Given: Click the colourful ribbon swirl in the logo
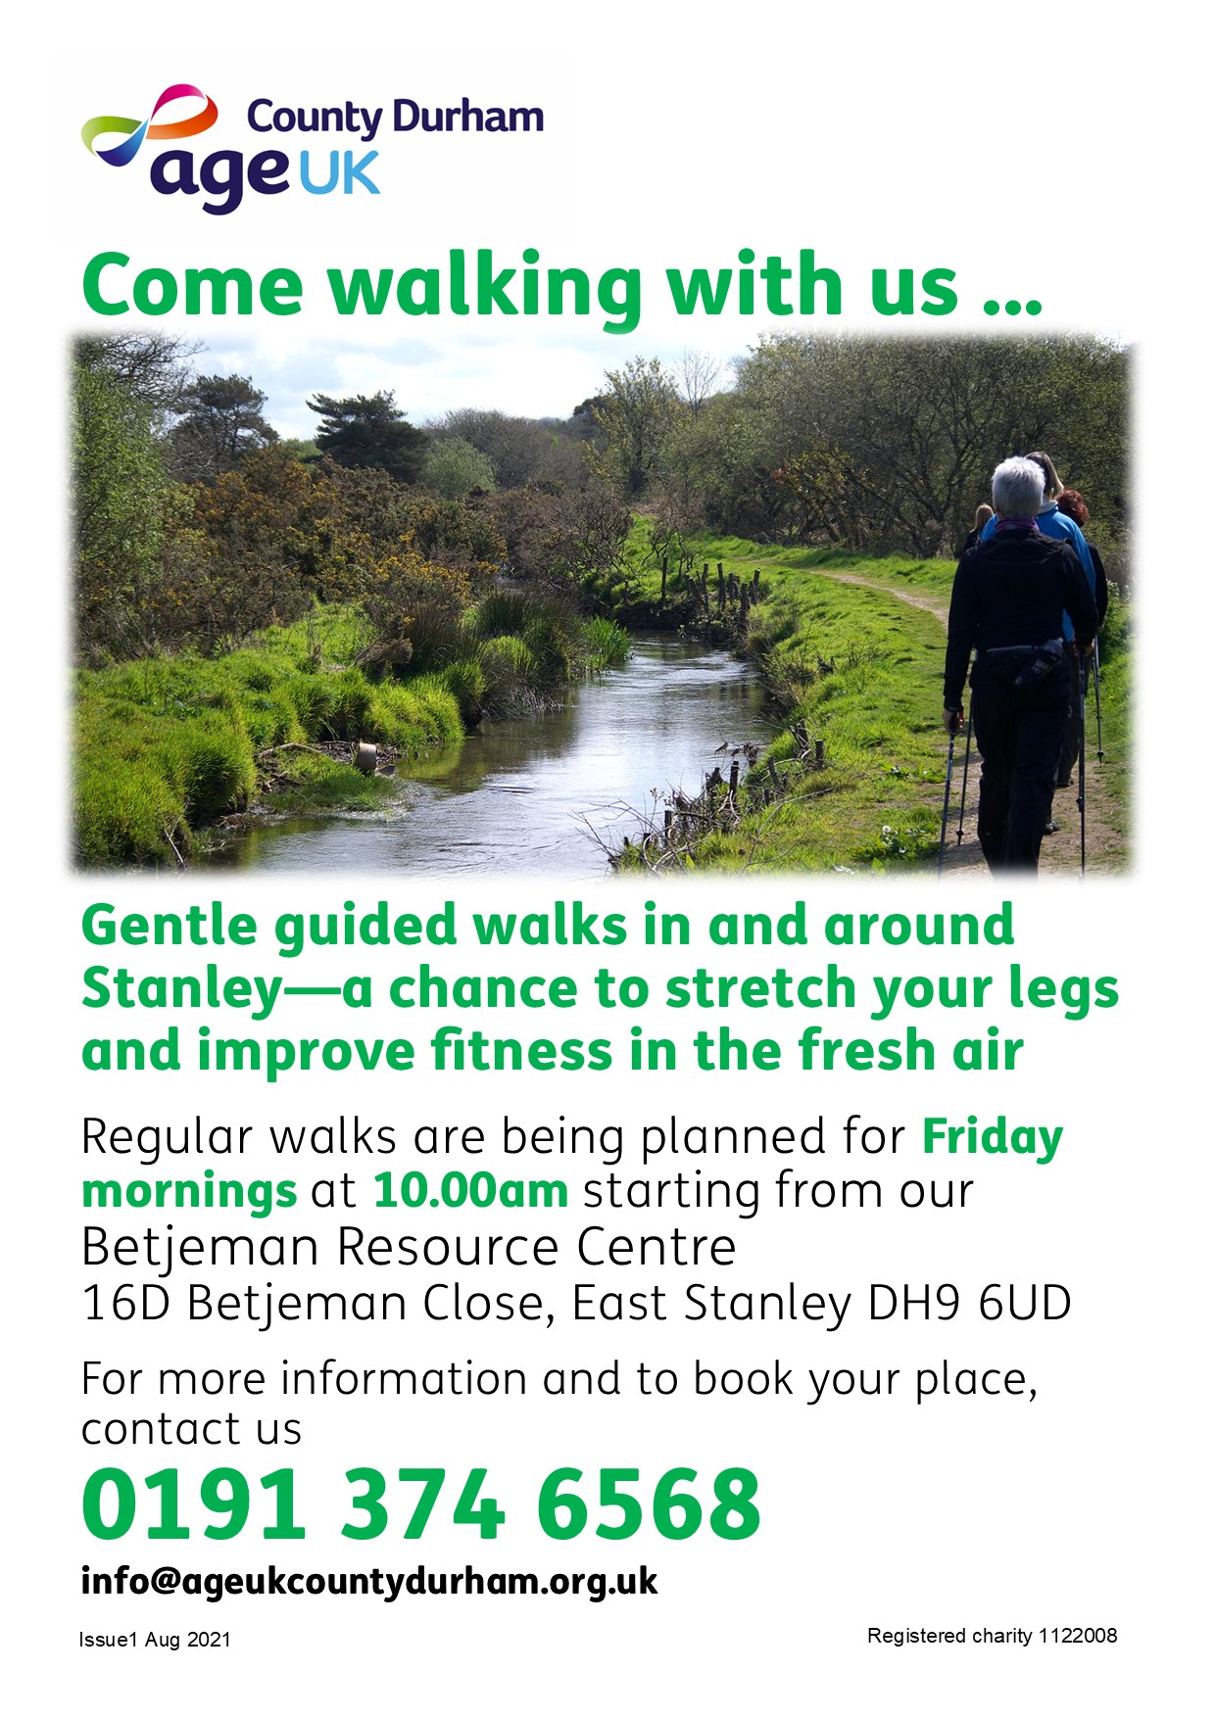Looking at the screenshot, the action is coord(147,122).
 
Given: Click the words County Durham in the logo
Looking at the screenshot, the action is coord(395,118).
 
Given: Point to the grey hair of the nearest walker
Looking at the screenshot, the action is coord(1019,486).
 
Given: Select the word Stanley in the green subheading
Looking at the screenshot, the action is coord(182,988).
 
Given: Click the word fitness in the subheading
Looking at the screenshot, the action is coord(522,1051).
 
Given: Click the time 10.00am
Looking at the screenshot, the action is coord(470,1191).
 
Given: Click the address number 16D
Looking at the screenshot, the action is coord(126,1304).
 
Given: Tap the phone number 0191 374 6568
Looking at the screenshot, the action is coord(421,1504).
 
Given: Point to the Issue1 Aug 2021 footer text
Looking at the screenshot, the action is coord(155,1640).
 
